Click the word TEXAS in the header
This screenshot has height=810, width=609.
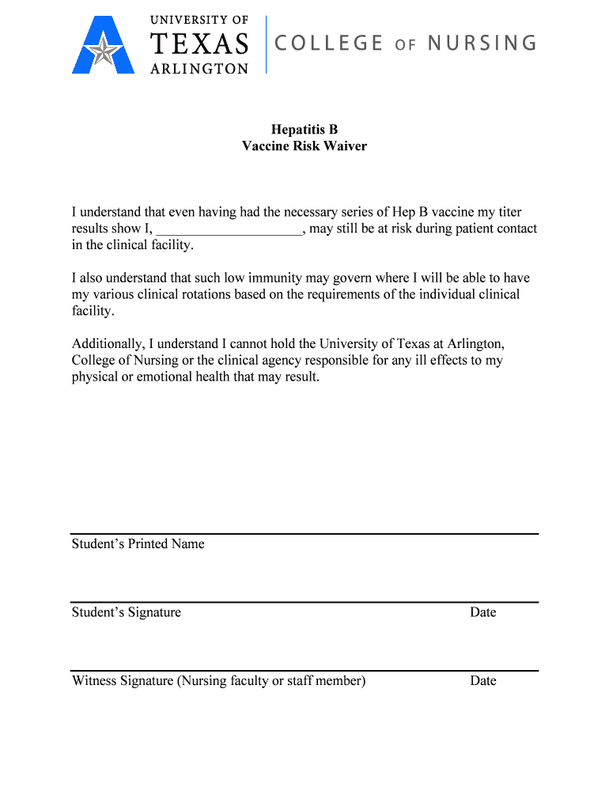pos(199,44)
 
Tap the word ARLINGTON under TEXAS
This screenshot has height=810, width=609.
pos(199,69)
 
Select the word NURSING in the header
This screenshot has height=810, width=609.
pos(482,43)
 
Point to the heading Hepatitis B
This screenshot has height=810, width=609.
pos(304,129)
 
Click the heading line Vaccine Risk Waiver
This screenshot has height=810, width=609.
pos(304,146)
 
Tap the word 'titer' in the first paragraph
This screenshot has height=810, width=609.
pos(507,212)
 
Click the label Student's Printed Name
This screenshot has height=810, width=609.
pos(138,544)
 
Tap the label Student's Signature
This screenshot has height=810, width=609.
pos(127,612)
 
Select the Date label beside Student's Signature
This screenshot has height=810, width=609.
pos(482,612)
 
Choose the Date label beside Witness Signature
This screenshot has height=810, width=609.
pos(482,681)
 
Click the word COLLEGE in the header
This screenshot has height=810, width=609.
pos(329,43)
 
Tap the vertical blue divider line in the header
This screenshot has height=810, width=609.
pos(266,44)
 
